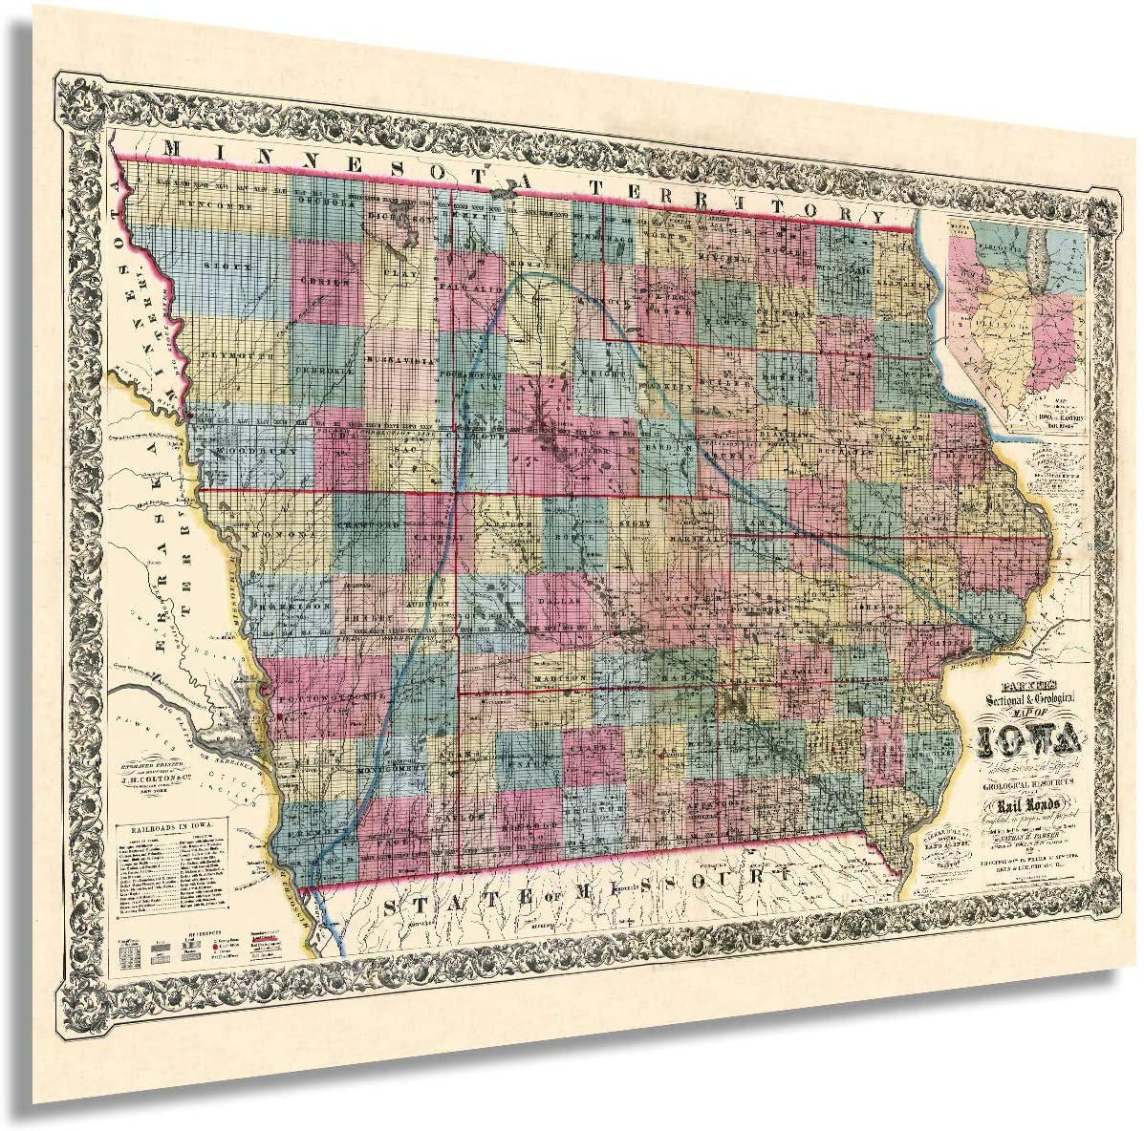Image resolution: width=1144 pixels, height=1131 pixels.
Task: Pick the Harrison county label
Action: [x=291, y=606]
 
